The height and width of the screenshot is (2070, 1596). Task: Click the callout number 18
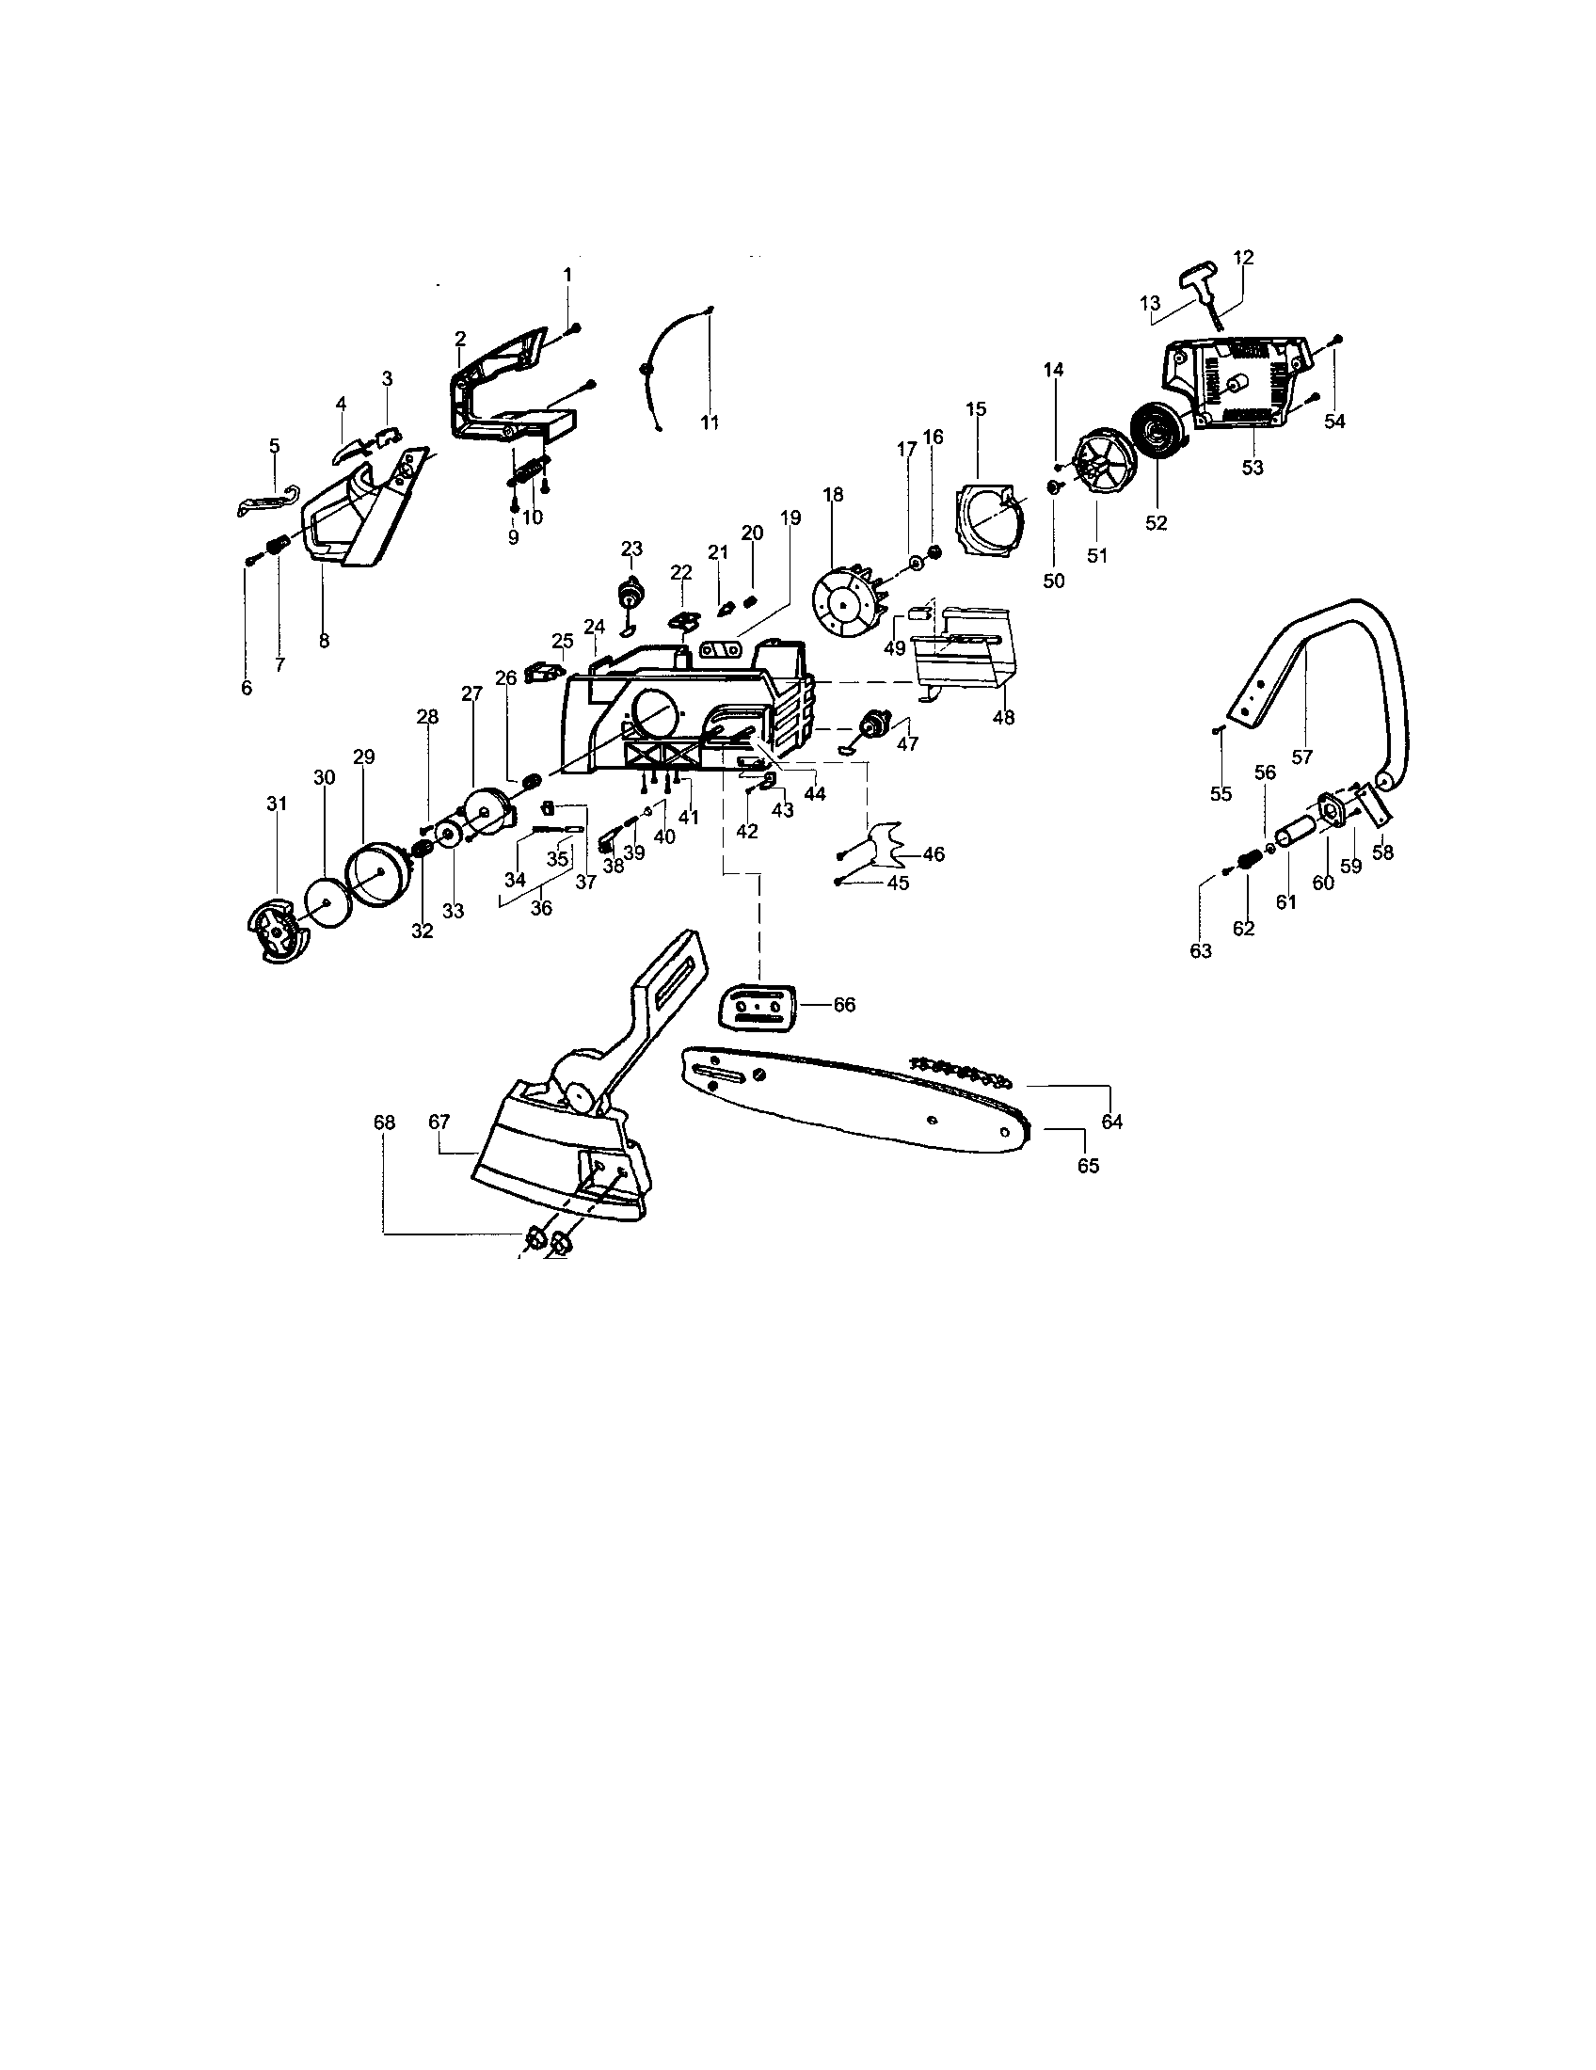833,495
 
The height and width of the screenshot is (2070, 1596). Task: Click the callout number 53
1252,468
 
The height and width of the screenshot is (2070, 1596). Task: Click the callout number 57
1302,756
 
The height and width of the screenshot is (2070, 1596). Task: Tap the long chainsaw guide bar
853,1099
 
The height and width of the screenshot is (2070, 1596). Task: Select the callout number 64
1111,1122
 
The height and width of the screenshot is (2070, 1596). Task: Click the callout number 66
843,1005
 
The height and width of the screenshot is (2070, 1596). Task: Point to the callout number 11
709,422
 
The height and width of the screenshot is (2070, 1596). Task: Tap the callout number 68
384,1123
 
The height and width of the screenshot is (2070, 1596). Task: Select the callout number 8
324,641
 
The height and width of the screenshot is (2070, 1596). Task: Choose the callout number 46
934,854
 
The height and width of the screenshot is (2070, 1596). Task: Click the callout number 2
460,339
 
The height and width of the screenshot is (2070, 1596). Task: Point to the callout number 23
631,548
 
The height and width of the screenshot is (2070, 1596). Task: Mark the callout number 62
1243,929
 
